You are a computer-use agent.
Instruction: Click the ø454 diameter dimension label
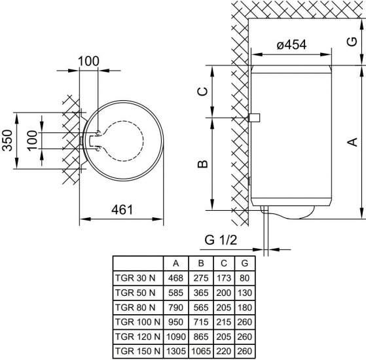(x=291, y=45)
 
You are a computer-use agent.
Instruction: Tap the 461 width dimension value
(x=122, y=209)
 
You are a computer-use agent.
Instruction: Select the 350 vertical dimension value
(x=7, y=140)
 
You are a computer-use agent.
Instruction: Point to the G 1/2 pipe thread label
(x=221, y=240)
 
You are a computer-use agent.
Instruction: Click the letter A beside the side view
(x=353, y=142)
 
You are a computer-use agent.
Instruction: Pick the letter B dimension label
(x=202, y=164)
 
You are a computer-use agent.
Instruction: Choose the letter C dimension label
(x=202, y=91)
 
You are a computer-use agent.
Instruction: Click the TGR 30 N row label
(x=135, y=278)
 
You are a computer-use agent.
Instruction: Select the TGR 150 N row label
(x=137, y=351)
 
